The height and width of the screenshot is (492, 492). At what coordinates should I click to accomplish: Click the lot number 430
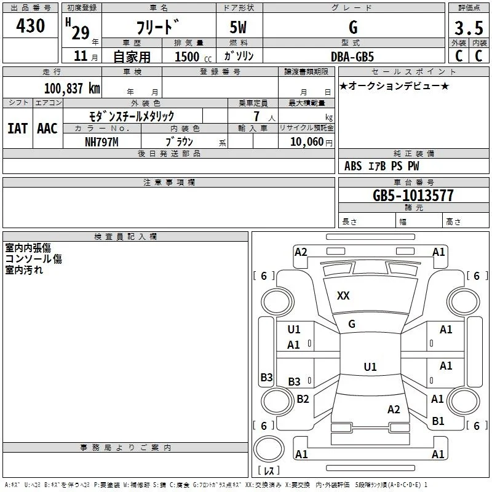point(30,25)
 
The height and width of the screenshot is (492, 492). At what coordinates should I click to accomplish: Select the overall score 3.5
point(469,28)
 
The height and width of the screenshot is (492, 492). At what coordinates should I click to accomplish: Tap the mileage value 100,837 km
point(72,89)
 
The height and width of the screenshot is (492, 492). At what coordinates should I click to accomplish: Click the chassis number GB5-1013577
point(413,196)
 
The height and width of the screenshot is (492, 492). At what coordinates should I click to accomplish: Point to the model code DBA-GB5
point(352,57)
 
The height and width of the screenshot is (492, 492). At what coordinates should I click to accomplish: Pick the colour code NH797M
point(101,142)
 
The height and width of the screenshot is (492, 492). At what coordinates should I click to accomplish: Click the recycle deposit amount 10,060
point(306,142)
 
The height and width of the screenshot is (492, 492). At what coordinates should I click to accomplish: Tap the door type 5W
point(238,27)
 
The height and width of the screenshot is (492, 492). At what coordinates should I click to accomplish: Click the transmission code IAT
point(17,129)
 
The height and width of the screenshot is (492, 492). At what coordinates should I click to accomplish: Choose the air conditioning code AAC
point(47,129)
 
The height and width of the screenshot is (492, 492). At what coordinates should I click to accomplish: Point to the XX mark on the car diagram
point(343,296)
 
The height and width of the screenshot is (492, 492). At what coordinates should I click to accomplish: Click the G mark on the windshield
point(352,324)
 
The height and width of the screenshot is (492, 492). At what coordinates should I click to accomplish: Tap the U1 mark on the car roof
point(370,367)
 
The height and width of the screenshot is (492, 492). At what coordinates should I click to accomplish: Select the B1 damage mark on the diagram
point(438,421)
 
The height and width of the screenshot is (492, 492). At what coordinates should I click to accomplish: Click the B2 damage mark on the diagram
point(303,399)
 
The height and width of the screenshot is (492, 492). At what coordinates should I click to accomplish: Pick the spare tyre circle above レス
point(269,449)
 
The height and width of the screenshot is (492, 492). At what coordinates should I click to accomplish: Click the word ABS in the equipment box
point(353,166)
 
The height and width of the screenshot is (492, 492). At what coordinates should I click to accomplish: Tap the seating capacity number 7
point(256,116)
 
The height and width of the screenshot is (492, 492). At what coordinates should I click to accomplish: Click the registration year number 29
point(81,33)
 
